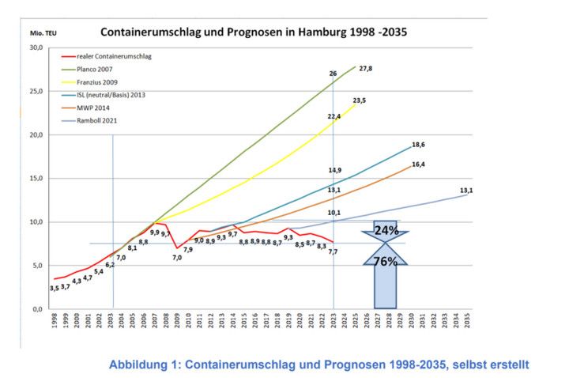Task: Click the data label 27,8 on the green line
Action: pos(365,70)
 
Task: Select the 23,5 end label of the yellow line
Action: pos(360,101)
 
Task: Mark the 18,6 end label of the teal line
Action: pos(418,145)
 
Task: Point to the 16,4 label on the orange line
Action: pos(418,164)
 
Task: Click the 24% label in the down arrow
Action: pos(386,231)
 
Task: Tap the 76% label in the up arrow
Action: pos(385,262)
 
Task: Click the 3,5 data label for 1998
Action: pos(54,288)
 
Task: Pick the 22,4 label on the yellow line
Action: pos(334,116)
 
